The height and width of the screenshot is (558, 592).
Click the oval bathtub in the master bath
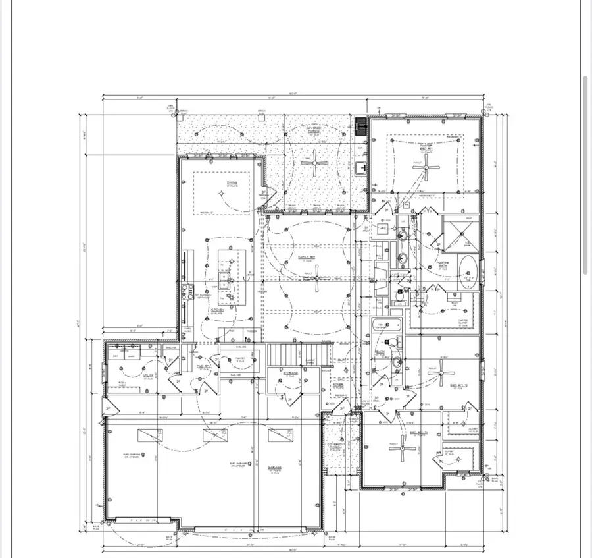click(x=468, y=271)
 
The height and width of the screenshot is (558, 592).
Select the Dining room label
click(x=232, y=184)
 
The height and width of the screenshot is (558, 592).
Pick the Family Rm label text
click(x=304, y=257)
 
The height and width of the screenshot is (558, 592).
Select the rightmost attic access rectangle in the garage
click(x=280, y=435)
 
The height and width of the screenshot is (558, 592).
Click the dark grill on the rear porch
click(x=360, y=126)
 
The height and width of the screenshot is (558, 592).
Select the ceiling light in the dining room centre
click(x=222, y=193)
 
